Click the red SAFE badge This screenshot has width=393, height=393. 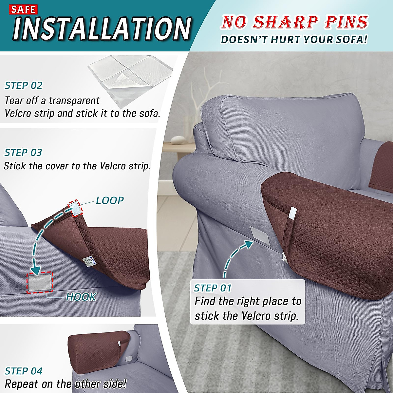pyautogui.click(x=23, y=9)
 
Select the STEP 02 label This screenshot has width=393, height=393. pyautogui.click(x=24, y=86)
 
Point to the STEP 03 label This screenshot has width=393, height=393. pyautogui.click(x=23, y=153)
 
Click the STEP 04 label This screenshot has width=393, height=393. pyautogui.click(x=24, y=371)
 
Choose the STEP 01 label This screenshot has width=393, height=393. pyautogui.click(x=213, y=288)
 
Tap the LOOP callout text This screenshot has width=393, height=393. pyautogui.click(x=110, y=200)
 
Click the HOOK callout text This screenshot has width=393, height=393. pyautogui.click(x=81, y=297)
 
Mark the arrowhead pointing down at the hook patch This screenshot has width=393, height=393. pyautogui.click(x=36, y=269)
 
